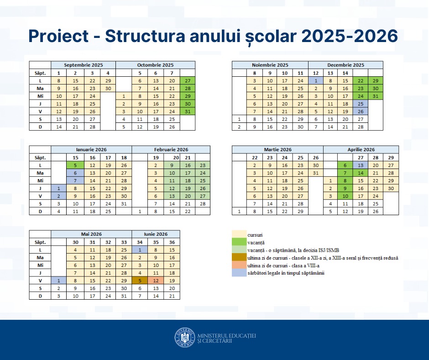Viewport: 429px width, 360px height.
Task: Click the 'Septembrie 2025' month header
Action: pyautogui.click(x=83, y=65)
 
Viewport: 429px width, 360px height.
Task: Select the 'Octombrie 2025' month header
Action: pyautogui.click(x=155, y=65)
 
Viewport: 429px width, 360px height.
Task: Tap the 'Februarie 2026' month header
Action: pyautogui.click(x=171, y=149)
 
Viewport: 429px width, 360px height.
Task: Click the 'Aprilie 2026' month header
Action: pyautogui.click(x=361, y=149)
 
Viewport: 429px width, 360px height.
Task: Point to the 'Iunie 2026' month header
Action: pyautogui.click(x=156, y=234)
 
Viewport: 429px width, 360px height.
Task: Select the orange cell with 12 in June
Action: pyautogui.click(x=156, y=280)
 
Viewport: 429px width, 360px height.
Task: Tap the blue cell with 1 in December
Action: pyautogui.click(x=315, y=80)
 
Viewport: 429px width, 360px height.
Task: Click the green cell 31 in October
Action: pyautogui.click(x=187, y=111)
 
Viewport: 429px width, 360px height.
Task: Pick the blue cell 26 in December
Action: pyautogui.click(x=361, y=111)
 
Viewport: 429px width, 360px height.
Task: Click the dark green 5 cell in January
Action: pyautogui.click(x=75, y=165)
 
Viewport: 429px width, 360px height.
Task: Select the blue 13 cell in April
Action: pyautogui.click(x=361, y=165)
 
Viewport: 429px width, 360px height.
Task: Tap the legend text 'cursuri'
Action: pyautogui.click(x=255, y=234)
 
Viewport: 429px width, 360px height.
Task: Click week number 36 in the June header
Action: pyautogui.click(x=172, y=242)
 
